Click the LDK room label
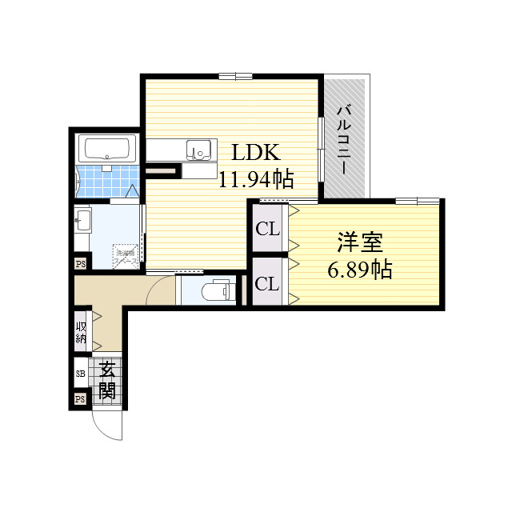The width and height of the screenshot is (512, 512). pyautogui.click(x=255, y=153)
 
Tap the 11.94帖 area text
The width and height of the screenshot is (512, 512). pyautogui.click(x=256, y=178)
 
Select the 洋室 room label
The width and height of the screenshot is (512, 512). pyautogui.click(x=358, y=242)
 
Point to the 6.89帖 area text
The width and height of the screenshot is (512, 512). pyautogui.click(x=359, y=270)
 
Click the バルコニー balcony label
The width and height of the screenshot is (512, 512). pyautogui.click(x=343, y=139)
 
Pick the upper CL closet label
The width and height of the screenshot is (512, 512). pyautogui.click(x=267, y=229)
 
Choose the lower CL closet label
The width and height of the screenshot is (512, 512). pyautogui.click(x=266, y=284)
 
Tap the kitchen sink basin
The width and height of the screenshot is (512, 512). pyautogui.click(x=198, y=150)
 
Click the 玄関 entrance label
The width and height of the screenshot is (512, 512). pyautogui.click(x=107, y=381)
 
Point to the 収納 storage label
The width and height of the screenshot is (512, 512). pyautogui.click(x=82, y=331)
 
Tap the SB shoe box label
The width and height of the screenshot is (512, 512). pyautogui.click(x=80, y=374)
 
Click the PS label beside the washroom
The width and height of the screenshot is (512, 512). pyautogui.click(x=80, y=263)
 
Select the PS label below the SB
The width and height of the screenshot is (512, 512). pyautogui.click(x=80, y=399)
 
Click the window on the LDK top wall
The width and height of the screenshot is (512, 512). pyautogui.click(x=235, y=77)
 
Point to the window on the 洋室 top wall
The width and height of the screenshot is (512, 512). pyautogui.click(x=416, y=199)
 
